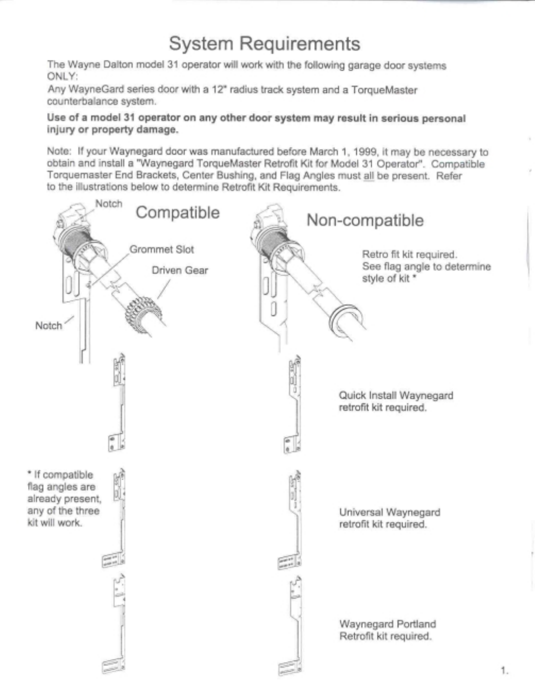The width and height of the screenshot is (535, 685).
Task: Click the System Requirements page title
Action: click(264, 43)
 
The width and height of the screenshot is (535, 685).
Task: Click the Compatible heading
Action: click(178, 213)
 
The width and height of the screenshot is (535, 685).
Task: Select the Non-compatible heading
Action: click(365, 220)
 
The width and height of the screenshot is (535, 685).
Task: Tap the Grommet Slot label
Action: click(162, 249)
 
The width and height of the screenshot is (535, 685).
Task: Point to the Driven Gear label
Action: click(180, 270)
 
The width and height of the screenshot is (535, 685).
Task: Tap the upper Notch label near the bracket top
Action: click(109, 204)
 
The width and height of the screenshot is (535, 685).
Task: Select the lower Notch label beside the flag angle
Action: click(48, 326)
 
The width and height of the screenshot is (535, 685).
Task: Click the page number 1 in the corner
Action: click(504, 671)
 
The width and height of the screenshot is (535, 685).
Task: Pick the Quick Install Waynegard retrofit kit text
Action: click(396, 401)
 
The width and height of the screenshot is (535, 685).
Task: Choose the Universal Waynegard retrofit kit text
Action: click(389, 518)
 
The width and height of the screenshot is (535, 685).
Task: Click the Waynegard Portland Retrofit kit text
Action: click(387, 630)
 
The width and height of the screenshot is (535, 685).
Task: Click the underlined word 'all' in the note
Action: click(369, 175)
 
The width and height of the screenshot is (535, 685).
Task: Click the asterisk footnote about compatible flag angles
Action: click(63, 498)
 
